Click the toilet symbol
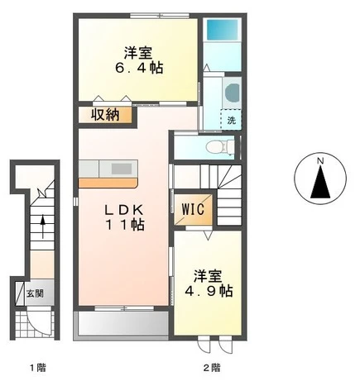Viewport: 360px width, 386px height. pos(220,146)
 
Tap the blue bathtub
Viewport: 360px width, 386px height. pos(223,30)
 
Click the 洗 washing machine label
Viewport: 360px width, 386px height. pos(232,120)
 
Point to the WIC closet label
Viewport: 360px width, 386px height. pos(193,209)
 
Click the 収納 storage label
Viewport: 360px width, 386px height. pos(105,115)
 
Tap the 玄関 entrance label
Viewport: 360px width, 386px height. pos(35,293)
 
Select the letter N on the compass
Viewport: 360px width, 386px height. pos(320,160)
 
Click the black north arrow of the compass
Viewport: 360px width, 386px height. pos(320,182)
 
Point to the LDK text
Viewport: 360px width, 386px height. pos(123,211)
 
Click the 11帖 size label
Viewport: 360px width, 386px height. pos(125,225)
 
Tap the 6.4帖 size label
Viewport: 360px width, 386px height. pos(139,68)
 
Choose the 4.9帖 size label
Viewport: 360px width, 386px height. pos(209,291)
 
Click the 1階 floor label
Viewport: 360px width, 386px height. pos(38,367)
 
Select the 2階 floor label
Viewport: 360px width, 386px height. pos(212,367)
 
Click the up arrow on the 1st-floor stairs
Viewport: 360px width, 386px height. pos(43,226)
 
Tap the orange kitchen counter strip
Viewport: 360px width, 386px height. pos(108,183)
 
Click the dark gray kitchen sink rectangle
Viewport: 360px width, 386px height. pos(122,169)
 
